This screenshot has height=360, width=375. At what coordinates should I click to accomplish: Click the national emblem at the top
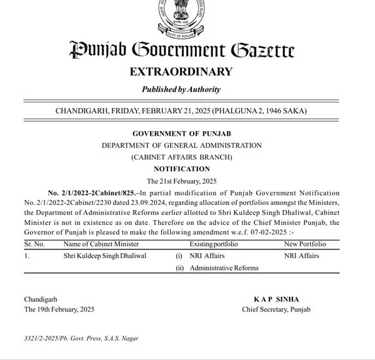tap(181, 17)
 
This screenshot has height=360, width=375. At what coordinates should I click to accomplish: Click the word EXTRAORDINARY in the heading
tap(181, 71)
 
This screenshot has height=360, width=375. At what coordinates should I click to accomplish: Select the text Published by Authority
tap(181, 89)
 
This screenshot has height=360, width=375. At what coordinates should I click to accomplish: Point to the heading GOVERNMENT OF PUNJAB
tap(181, 134)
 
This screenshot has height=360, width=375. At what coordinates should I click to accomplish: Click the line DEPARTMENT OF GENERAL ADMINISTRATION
tap(181, 146)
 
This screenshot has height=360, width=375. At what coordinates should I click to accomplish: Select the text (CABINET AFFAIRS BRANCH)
tap(181, 157)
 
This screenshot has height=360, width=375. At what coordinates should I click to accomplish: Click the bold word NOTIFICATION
tap(181, 169)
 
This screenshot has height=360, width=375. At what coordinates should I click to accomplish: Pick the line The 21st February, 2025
tap(181, 181)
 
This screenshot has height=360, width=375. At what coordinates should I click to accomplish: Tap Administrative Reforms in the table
tap(224, 268)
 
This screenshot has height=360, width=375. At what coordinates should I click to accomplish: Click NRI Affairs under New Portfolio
tap(301, 256)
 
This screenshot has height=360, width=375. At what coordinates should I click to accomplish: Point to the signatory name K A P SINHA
tap(276, 299)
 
